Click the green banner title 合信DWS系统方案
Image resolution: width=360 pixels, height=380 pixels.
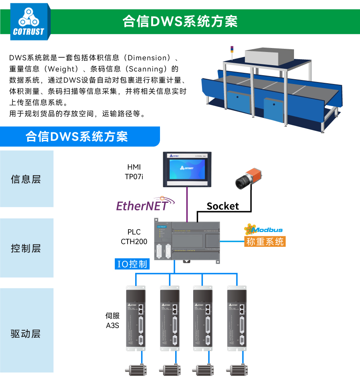180,21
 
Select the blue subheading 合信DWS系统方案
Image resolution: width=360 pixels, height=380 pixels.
76,136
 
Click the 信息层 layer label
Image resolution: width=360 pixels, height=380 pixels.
26,179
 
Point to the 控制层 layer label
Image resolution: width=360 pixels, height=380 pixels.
26,248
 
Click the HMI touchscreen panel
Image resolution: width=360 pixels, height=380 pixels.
188,170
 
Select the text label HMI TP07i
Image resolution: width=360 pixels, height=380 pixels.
134,171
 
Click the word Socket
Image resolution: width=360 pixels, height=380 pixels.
222,206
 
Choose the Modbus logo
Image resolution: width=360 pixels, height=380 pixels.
264,229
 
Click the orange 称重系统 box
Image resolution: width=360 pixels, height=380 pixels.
265,241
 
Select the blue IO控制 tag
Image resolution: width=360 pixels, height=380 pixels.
132,264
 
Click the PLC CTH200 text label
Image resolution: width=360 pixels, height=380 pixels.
134,237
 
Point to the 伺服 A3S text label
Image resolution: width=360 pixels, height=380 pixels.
112,320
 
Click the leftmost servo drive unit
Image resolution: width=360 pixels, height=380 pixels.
135,318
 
